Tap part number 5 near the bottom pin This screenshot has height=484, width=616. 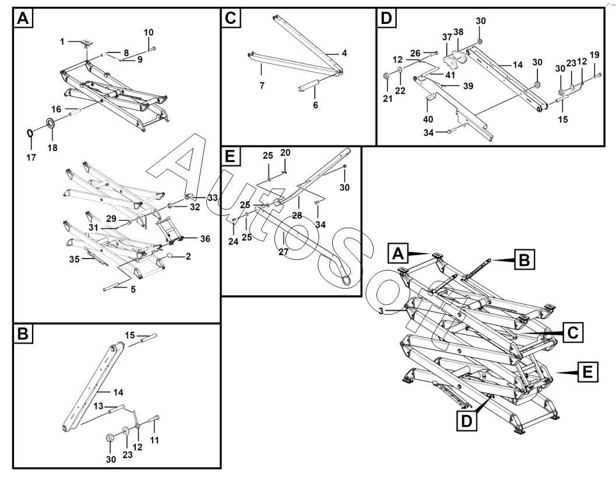tap(133, 289)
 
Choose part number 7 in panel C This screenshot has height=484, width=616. tap(261, 85)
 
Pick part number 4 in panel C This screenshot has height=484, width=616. tap(344, 53)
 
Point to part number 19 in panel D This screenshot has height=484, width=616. tap(594, 55)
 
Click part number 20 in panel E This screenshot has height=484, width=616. tap(284, 152)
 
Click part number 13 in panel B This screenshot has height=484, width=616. tap(98, 405)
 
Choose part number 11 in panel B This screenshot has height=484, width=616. tap(154, 441)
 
